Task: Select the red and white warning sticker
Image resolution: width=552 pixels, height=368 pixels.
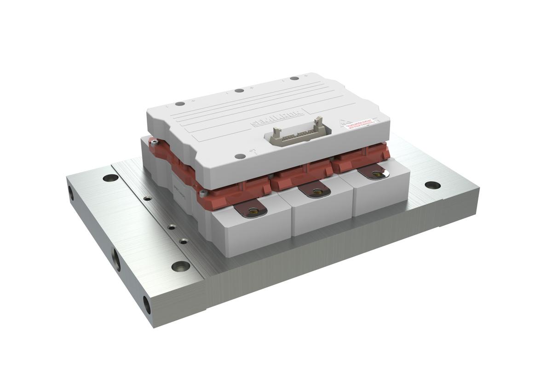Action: click(359, 124)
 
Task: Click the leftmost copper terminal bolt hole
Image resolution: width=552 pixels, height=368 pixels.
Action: click(252, 211)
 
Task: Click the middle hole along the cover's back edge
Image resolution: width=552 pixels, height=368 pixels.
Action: click(239, 91)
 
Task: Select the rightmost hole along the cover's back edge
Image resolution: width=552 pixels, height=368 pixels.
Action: click(294, 78)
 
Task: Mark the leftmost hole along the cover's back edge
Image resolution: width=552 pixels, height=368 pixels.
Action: click(180, 103)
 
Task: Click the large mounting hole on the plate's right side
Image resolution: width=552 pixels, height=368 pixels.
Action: click(432, 185)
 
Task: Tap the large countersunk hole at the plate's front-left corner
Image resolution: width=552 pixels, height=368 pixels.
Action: click(180, 266)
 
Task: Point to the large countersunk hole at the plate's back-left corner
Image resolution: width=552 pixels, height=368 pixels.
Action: click(110, 178)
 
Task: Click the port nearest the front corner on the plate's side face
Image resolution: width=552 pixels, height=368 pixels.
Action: click(147, 305)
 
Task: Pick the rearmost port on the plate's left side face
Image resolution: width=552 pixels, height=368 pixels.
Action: click(71, 193)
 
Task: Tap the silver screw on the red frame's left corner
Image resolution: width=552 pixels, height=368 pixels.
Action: click(155, 143)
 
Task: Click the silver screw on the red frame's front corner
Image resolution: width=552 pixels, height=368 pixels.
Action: click(203, 194)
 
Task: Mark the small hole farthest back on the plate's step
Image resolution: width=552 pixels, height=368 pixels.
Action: click(147, 199)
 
